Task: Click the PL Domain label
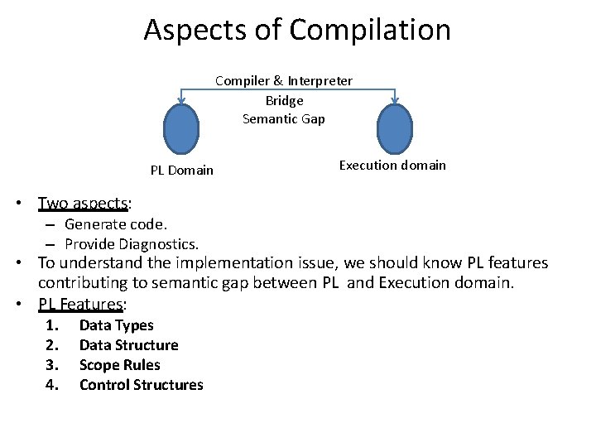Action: coord(181,171)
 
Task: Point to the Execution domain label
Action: coord(392,165)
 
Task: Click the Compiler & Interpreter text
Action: coord(284,80)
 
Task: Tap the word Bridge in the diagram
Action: coord(284,100)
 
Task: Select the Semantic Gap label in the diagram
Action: coord(284,119)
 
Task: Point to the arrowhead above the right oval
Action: coord(395,102)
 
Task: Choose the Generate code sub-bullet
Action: coord(115,223)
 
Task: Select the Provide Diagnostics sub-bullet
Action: coord(131,244)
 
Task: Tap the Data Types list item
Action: coord(116,325)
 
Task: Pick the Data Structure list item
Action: coord(128,345)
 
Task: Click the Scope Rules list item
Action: coord(119,365)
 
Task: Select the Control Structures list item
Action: coord(141,385)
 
